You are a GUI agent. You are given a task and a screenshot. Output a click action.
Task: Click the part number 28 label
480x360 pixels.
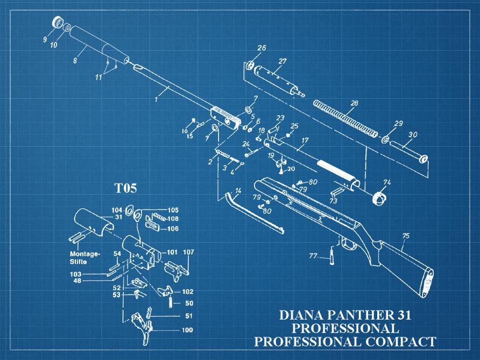pos(354,103)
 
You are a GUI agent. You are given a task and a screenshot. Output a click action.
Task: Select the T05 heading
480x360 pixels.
pos(125,188)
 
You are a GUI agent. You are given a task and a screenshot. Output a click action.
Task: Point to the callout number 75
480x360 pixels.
pos(406,236)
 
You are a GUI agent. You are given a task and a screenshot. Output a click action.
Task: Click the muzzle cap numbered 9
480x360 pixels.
pos(55,23)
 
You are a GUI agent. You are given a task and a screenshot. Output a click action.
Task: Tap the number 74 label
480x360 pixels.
pos(386,182)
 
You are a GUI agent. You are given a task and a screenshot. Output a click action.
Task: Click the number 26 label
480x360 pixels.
pos(262,48)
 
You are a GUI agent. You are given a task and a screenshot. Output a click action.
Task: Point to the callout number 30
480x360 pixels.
pos(413,135)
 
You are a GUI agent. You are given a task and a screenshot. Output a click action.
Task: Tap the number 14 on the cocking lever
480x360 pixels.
pos(238,191)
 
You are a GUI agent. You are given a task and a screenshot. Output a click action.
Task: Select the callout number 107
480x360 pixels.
pos(188,252)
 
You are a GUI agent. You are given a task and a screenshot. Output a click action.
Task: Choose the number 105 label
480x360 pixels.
pos(173,210)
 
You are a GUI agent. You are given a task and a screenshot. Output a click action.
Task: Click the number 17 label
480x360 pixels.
pos(305,140)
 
